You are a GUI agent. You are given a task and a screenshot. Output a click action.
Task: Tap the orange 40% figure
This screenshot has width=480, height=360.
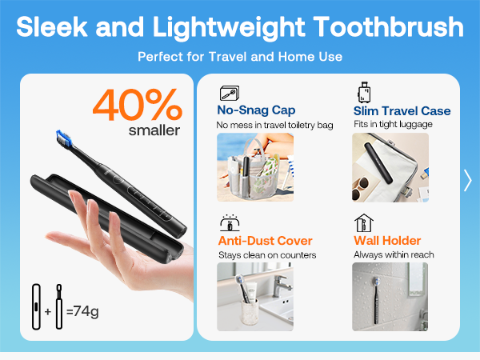[x=137, y=103]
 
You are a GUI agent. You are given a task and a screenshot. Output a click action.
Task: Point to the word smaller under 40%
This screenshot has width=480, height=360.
[x=154, y=130]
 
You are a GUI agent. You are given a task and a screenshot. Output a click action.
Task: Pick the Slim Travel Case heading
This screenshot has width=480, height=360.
[x=402, y=111]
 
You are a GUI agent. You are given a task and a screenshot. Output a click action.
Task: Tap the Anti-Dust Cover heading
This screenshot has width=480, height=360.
[x=265, y=241]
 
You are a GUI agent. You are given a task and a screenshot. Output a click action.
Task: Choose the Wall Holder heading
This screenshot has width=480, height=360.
[x=387, y=241]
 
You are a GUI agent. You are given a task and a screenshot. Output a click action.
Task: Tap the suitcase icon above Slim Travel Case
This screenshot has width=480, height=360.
[x=365, y=91]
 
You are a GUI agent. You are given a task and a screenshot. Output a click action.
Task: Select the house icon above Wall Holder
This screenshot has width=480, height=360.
[x=364, y=222]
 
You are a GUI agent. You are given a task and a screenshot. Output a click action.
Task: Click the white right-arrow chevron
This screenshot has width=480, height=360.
[x=467, y=181]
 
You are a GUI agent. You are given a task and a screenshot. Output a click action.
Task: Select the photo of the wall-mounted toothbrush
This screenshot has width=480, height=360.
[x=390, y=297]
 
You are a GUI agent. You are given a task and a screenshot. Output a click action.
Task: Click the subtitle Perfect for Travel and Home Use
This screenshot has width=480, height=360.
[x=240, y=57]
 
